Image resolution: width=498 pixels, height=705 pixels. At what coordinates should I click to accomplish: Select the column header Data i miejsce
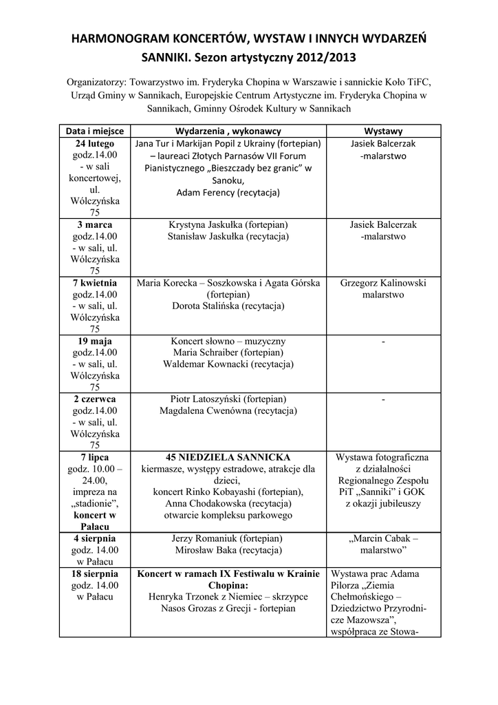[x=95, y=131]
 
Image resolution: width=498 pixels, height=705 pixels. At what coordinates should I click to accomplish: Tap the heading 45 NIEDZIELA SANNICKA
[x=228, y=457]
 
